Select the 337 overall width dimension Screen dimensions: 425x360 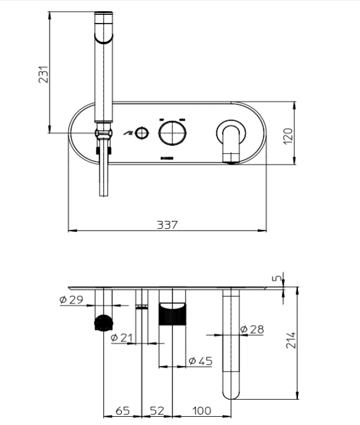click(x=167, y=225)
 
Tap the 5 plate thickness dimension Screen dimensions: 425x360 click(x=277, y=278)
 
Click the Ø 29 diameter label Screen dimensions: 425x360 click(x=72, y=300)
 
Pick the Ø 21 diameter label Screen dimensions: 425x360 click(x=122, y=337)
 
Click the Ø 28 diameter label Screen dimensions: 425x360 click(x=252, y=329)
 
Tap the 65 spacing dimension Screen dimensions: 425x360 click(x=122, y=410)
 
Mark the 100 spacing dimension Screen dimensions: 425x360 click(x=201, y=410)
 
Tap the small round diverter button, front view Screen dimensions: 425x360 click(x=141, y=133)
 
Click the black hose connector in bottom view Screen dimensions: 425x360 click(x=103, y=323)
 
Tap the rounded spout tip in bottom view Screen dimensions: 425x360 click(x=232, y=390)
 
